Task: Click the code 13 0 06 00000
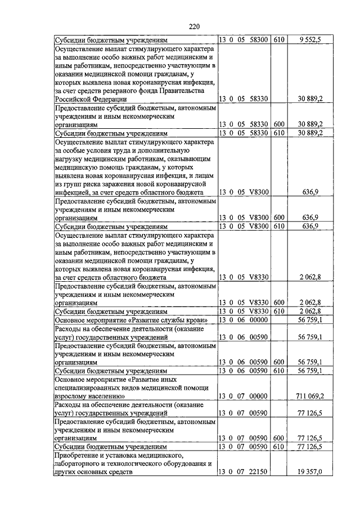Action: [x=243, y=320]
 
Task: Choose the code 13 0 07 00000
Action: [x=243, y=396]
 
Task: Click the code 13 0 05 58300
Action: [x=243, y=40]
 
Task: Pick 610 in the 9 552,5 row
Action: [x=279, y=40]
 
